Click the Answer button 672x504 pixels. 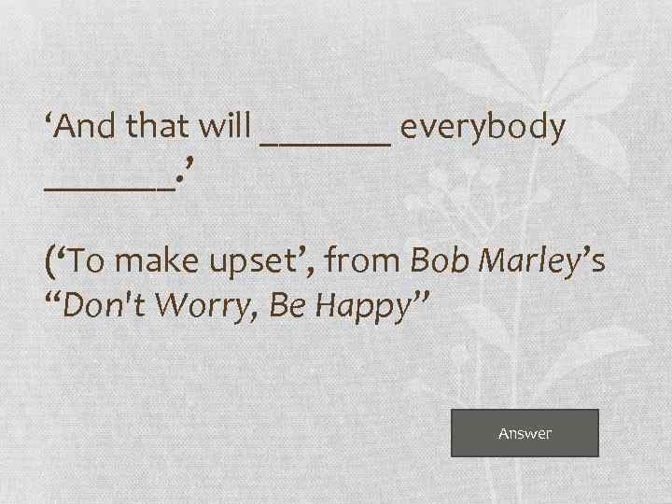[525, 433]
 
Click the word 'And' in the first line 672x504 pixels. [87, 128]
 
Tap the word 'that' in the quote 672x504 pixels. [154, 128]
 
